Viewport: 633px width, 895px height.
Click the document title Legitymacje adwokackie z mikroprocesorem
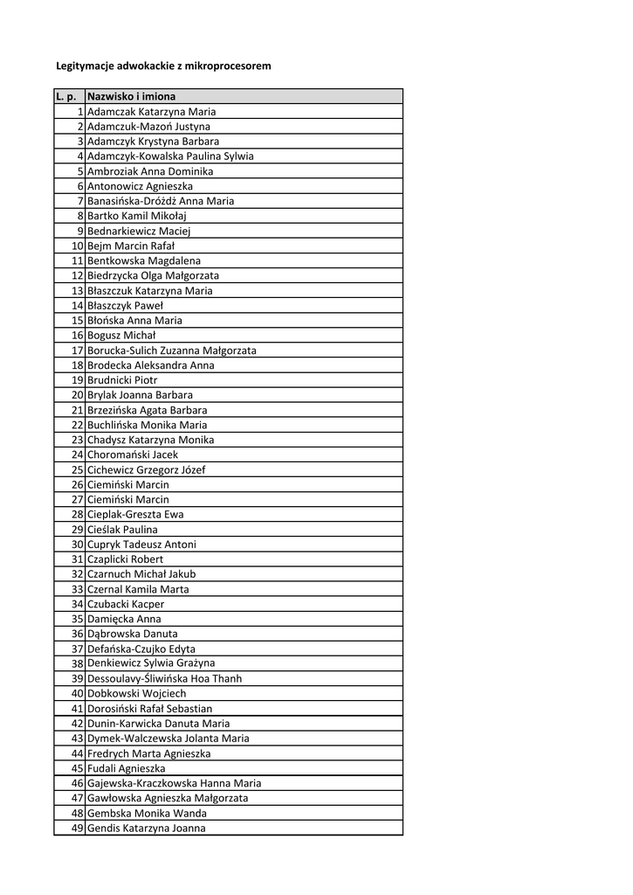(x=163, y=66)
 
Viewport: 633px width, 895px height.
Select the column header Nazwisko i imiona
(x=131, y=96)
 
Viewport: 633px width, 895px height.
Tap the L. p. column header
(x=67, y=96)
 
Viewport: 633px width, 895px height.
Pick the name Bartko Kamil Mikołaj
(x=137, y=216)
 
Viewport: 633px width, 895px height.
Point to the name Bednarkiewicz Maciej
(x=139, y=231)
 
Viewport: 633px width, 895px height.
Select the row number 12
(x=77, y=275)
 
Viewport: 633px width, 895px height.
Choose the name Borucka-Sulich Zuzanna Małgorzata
(x=172, y=350)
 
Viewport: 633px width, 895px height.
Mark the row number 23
(x=77, y=440)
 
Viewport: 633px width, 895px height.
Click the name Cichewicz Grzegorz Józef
(x=147, y=469)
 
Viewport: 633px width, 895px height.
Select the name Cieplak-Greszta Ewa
(x=135, y=514)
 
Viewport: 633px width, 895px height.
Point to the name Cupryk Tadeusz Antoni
(x=141, y=544)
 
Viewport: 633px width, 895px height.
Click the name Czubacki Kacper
(x=126, y=604)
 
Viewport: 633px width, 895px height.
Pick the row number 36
(x=77, y=634)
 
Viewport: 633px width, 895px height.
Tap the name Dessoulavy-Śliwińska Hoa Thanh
(x=165, y=678)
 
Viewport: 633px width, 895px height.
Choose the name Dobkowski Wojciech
(x=136, y=694)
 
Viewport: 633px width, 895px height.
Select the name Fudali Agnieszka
(x=127, y=768)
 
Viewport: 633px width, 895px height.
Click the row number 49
(x=77, y=829)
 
